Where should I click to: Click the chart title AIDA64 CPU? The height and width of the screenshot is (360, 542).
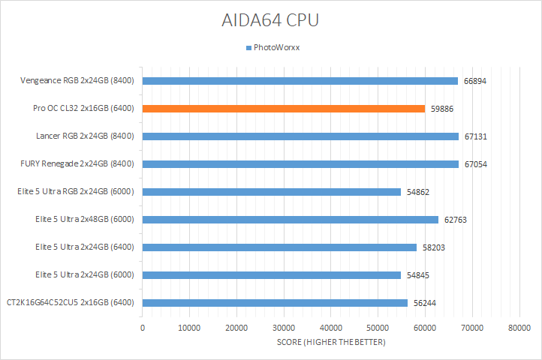pyautogui.click(x=271, y=19)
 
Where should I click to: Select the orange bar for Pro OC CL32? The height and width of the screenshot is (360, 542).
pyautogui.click(x=284, y=109)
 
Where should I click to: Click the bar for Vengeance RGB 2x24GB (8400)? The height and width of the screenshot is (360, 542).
pyautogui.click(x=300, y=81)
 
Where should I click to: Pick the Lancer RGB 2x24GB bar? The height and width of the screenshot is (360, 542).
pyautogui.click(x=300, y=136)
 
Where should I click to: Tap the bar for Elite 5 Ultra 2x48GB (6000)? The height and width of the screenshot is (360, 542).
pyautogui.click(x=291, y=220)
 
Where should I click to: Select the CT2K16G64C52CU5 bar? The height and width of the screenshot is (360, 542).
pyautogui.click(x=275, y=303)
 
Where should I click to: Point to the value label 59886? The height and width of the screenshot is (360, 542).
pyautogui.click(x=442, y=109)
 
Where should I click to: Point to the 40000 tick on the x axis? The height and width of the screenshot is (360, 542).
pyautogui.click(x=331, y=328)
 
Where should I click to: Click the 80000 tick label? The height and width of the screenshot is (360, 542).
pyautogui.click(x=519, y=328)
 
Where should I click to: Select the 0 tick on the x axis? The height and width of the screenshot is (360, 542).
pyautogui.click(x=143, y=328)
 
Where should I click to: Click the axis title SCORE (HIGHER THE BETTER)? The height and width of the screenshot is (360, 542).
pyautogui.click(x=330, y=343)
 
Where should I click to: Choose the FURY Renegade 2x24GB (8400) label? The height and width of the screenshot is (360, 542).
pyautogui.click(x=77, y=164)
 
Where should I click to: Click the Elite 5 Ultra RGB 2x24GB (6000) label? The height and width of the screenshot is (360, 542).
pyautogui.click(x=75, y=192)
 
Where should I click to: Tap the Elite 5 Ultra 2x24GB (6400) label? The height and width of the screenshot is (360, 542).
pyautogui.click(x=85, y=247)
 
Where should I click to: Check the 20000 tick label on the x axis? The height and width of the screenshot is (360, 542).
pyautogui.click(x=236, y=328)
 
